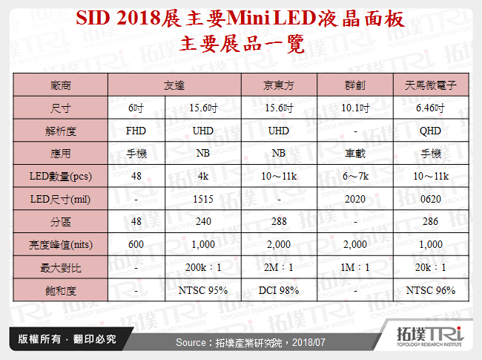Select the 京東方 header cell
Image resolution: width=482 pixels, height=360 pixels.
point(279,85)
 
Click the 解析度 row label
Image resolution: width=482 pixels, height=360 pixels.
point(61,131)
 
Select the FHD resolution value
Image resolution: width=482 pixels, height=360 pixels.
point(136,131)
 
